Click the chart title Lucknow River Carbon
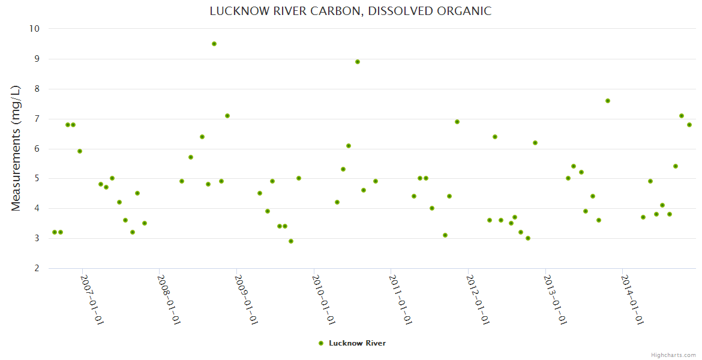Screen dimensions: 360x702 [350, 11]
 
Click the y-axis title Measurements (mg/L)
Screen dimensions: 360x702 [16, 148]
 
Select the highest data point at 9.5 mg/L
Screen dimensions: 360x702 [214, 44]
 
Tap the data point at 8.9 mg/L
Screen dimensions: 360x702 [358, 62]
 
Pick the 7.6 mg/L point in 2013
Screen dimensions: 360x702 [608, 101]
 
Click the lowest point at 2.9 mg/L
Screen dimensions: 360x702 [291, 241]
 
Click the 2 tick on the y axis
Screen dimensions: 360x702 [37, 268]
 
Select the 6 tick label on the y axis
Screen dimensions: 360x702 [37, 149]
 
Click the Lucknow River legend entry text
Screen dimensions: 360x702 [357, 343]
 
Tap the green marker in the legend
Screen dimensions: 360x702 [320, 343]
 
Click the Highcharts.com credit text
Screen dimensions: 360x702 [673, 355]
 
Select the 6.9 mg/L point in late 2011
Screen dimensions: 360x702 [457, 122]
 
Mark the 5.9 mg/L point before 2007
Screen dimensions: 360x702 [80, 151]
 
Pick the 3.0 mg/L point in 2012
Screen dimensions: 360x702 [528, 238]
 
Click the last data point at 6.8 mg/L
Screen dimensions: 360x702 [689, 125]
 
